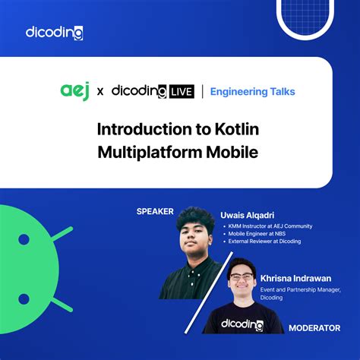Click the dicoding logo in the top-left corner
click(54, 33)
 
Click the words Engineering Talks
click(253, 91)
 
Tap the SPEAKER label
click(156, 211)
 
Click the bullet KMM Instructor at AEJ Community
click(267, 226)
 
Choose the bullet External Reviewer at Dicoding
click(263, 241)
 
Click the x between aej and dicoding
click(99, 92)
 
